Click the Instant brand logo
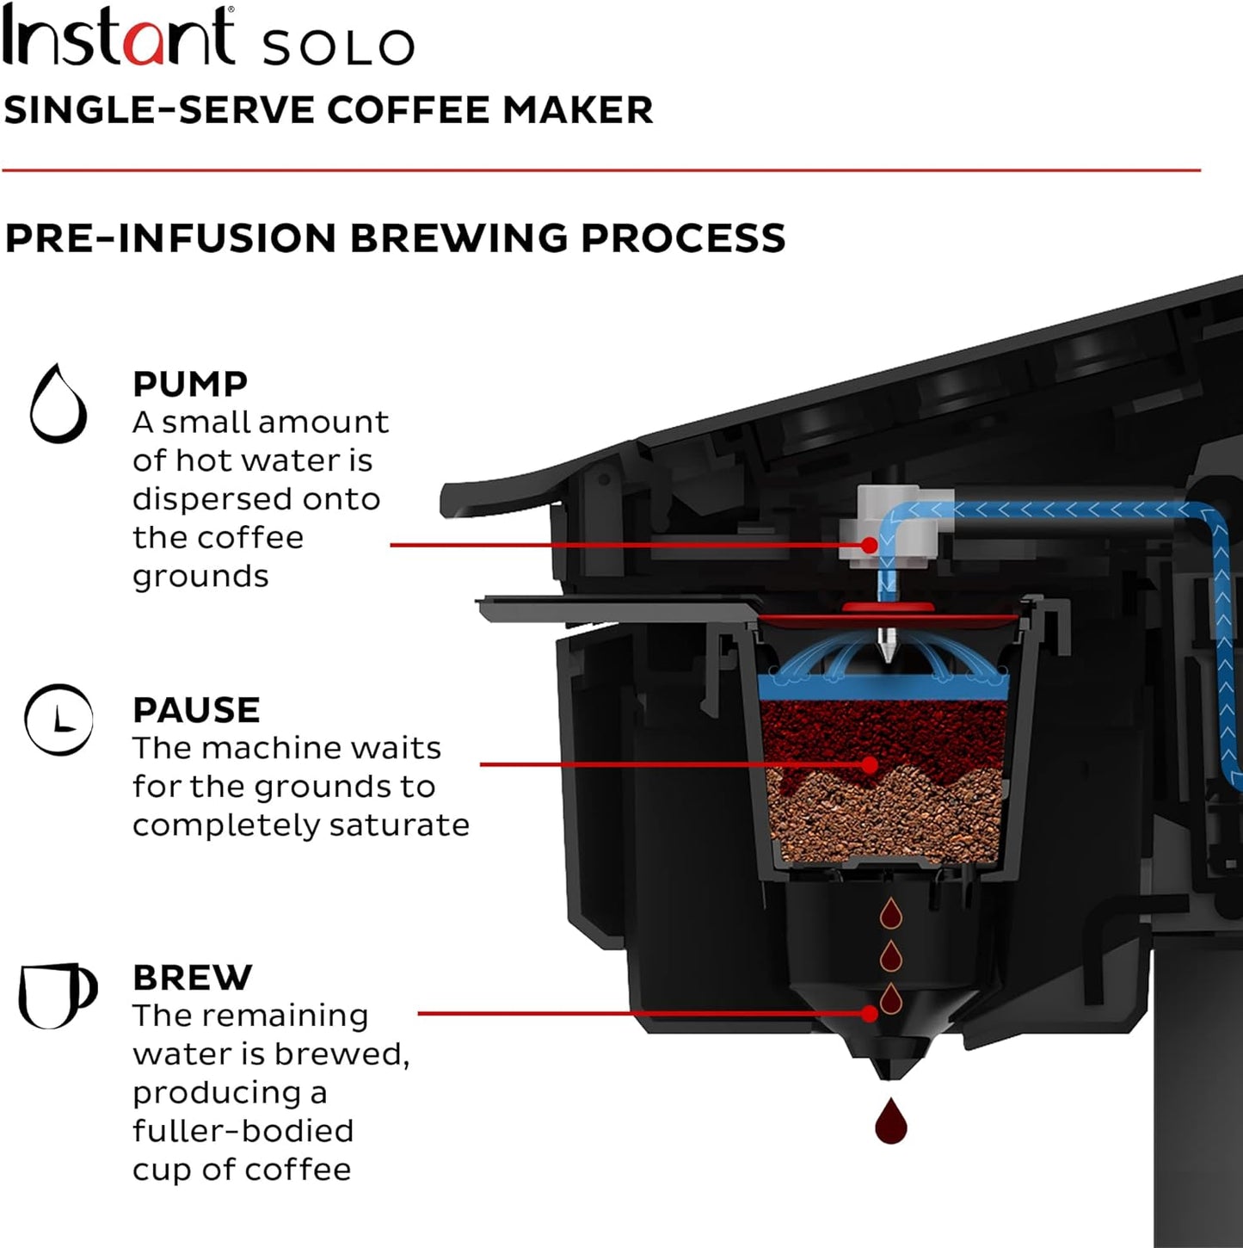click(118, 37)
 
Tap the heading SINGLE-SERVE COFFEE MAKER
click(328, 110)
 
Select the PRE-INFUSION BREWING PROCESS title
click(395, 238)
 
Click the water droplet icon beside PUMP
click(58, 404)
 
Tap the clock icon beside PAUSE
click(58, 720)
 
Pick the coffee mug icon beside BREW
click(57, 995)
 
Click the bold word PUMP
click(190, 384)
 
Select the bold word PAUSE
click(196, 710)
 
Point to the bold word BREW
click(193, 978)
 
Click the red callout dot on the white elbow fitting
click(871, 545)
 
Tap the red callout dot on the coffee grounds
click(871, 764)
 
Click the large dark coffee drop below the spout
click(890, 1122)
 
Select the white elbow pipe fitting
click(895, 525)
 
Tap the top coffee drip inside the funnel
click(890, 914)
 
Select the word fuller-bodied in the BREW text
click(243, 1131)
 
